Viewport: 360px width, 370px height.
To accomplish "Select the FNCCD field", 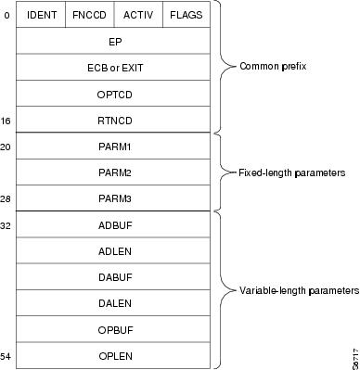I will click(x=89, y=16).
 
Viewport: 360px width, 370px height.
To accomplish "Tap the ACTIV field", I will click(x=137, y=16).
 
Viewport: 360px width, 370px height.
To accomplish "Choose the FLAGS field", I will click(x=186, y=16).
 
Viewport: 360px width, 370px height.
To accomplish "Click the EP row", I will click(x=114, y=42).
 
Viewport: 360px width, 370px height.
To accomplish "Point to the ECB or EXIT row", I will click(x=114, y=68).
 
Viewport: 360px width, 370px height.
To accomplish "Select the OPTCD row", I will click(x=114, y=94).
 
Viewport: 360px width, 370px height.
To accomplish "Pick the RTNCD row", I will click(x=114, y=121).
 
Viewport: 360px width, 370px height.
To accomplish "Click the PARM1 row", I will click(x=114, y=147).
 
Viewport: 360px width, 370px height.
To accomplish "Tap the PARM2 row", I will click(x=114, y=172).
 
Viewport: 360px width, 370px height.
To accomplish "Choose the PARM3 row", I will click(x=114, y=198).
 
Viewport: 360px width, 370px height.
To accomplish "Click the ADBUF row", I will click(x=114, y=224).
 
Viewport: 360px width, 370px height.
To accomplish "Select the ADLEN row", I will click(x=114, y=250).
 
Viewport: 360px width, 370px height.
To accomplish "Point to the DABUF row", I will click(x=114, y=276).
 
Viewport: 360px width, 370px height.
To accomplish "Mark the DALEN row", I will click(x=114, y=302).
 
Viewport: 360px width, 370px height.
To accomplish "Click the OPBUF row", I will click(x=114, y=328).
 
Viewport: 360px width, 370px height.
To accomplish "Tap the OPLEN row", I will click(x=114, y=354).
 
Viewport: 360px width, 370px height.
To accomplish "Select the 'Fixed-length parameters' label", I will click(x=293, y=172).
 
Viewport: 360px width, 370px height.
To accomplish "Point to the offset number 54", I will click(x=6, y=355).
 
